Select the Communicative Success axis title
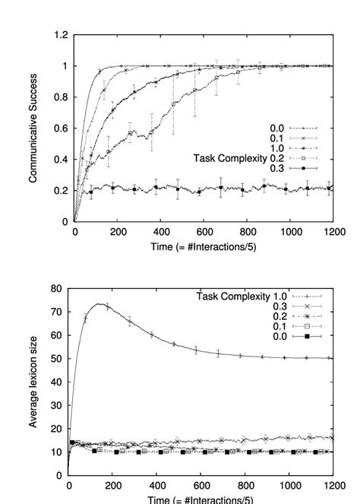(34, 128)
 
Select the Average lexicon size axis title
(34, 382)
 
